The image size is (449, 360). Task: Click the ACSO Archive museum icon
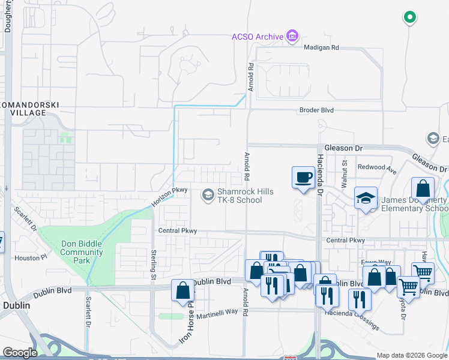tap(292, 37)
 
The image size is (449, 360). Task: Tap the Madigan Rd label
tap(321, 47)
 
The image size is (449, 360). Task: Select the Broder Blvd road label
tap(316, 110)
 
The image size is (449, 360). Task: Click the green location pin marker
tap(410, 17)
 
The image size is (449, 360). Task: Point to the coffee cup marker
tap(303, 178)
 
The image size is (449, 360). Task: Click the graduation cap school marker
tap(365, 199)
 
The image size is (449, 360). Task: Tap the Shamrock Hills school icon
tap(208, 194)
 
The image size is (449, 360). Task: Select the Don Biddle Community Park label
tap(82, 252)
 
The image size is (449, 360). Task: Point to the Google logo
tap(20, 353)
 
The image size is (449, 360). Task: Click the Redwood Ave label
tap(377, 166)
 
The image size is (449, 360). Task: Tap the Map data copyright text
tap(411, 355)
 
